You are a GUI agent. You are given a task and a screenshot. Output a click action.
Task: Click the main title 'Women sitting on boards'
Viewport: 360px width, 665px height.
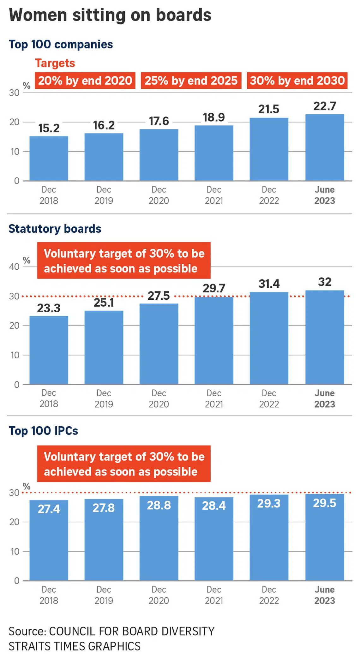click(110, 15)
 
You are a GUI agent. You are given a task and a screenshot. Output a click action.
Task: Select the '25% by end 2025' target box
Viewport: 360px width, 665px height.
click(191, 81)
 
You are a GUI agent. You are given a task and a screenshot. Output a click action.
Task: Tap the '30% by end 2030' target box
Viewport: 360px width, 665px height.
click(297, 81)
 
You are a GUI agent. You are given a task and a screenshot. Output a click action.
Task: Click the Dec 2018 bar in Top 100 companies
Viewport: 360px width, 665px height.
click(49, 159)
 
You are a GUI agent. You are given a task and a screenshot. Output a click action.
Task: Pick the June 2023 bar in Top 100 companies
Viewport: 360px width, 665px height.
click(324, 147)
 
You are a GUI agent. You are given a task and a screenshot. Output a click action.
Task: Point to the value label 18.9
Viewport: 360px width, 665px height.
click(214, 117)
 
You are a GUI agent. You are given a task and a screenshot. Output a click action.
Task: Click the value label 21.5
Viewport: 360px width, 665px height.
click(269, 109)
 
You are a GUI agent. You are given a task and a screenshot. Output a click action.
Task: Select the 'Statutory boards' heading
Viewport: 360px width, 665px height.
click(55, 229)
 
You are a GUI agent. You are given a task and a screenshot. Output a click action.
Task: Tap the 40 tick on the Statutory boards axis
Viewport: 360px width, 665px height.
click(14, 267)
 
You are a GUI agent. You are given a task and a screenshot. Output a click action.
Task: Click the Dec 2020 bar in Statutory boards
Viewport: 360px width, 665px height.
click(159, 344)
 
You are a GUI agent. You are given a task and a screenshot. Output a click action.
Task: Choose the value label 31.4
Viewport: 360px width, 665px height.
click(269, 284)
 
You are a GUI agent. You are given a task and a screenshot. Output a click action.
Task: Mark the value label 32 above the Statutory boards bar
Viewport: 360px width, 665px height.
click(324, 282)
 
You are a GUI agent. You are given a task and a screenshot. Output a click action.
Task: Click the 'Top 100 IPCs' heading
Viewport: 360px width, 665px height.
click(43, 431)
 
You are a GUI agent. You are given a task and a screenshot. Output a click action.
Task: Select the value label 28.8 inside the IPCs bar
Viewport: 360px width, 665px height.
click(159, 505)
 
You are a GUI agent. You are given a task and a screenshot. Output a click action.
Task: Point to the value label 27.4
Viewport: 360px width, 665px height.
click(49, 509)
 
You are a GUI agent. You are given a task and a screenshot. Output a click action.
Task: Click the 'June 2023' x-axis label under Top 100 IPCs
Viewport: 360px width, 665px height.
click(324, 595)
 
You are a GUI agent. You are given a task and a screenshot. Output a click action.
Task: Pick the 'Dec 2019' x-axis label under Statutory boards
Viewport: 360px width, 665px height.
click(104, 398)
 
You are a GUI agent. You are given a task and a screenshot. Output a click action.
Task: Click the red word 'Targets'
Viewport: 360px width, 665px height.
click(55, 63)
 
